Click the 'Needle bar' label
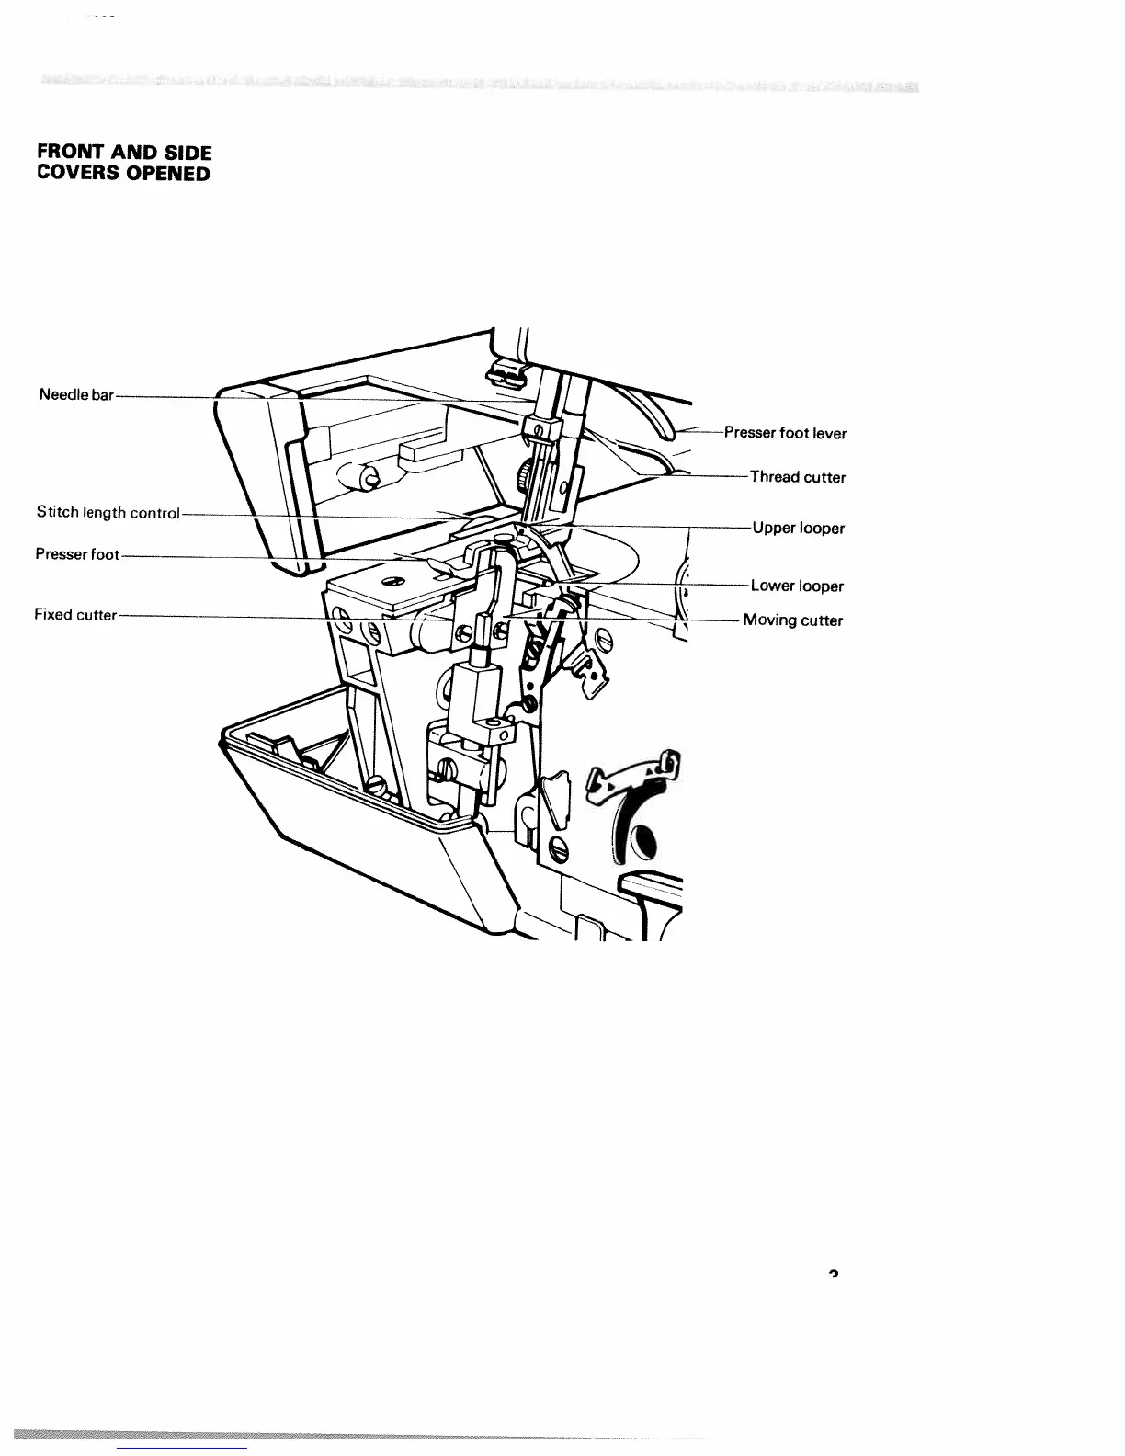[x=76, y=395]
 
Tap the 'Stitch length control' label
[x=108, y=513]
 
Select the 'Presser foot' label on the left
[x=77, y=555]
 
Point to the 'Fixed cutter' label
[x=75, y=615]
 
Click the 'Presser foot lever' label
[x=785, y=433]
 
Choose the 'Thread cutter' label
[x=797, y=477]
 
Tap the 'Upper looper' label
[x=798, y=529]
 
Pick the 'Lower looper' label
[x=797, y=586]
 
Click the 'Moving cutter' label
[x=792, y=620]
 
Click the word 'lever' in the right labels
[x=829, y=433]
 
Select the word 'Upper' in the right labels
[x=774, y=529]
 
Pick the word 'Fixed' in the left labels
[x=52, y=615]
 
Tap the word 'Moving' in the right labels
[x=770, y=620]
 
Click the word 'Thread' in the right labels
[x=774, y=477]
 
